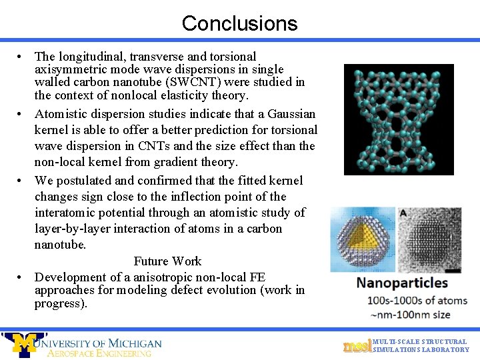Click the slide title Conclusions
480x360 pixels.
[239, 23]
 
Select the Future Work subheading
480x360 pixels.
[167, 261]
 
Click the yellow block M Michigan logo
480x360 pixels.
[25, 343]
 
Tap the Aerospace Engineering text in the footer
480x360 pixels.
[99, 353]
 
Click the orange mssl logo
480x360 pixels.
[357, 346]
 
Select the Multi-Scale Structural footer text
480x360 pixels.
[420, 342]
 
